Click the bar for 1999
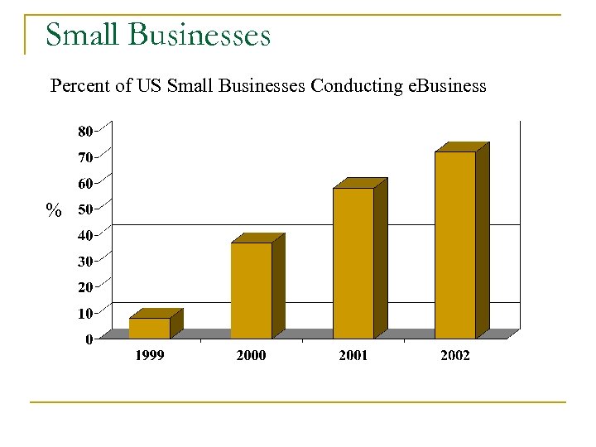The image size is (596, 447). (150, 328)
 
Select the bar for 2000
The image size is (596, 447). (252, 290)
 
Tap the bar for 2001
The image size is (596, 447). (353, 263)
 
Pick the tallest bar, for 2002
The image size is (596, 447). (455, 244)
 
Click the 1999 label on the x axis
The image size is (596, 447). (150, 355)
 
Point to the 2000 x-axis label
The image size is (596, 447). (252, 355)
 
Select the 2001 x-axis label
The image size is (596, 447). (353, 355)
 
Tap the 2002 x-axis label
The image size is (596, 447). (455, 355)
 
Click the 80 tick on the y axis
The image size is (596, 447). (85, 131)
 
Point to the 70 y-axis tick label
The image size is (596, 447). (85, 157)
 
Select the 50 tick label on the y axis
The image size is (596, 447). (85, 209)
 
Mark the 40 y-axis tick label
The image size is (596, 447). (85, 235)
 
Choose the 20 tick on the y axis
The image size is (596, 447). (85, 287)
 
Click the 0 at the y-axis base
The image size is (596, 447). (89, 339)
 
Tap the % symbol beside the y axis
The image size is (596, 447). (54, 211)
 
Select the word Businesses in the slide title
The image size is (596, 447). (199, 36)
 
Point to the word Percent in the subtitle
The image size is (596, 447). (80, 86)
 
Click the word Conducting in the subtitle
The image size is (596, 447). (358, 86)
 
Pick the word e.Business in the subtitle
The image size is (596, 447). (448, 86)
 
